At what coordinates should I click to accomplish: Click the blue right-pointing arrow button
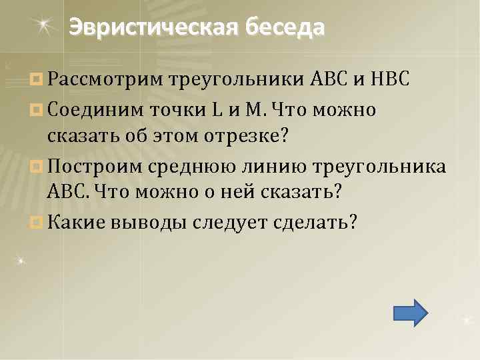tap(410, 312)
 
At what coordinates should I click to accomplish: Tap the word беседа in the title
tap(285, 27)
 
